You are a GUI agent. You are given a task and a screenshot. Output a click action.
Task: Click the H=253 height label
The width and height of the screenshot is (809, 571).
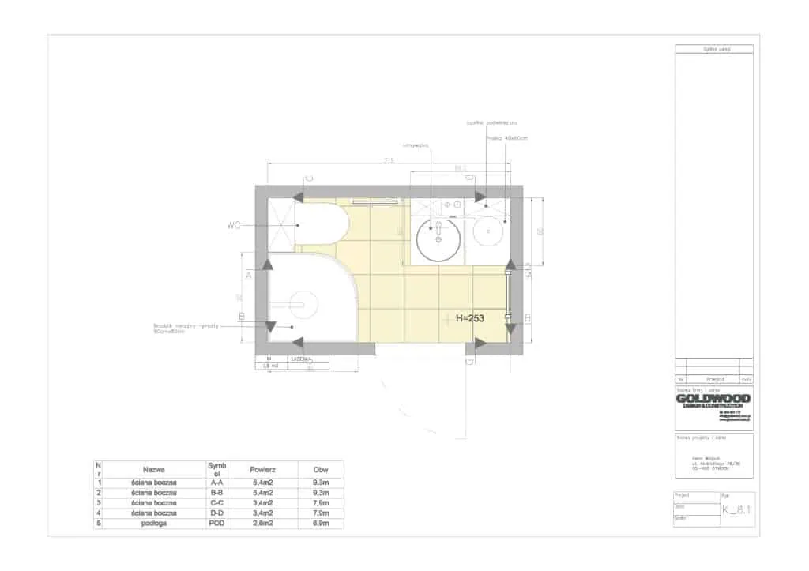point(465,318)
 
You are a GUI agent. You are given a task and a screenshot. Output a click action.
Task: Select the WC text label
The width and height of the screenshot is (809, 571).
point(234,225)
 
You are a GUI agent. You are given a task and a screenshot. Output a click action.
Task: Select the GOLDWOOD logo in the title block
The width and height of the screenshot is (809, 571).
point(713,399)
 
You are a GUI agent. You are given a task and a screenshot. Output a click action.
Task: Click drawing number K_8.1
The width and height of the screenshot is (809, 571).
point(736,510)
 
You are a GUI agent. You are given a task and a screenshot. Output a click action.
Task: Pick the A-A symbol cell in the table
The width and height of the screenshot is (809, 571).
point(216,482)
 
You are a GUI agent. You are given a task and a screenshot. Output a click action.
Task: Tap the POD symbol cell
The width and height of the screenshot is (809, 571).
point(216,524)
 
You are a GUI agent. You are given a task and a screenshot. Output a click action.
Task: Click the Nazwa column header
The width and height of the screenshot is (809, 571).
point(154,469)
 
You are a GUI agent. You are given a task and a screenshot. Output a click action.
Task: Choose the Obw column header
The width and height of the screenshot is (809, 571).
point(320,469)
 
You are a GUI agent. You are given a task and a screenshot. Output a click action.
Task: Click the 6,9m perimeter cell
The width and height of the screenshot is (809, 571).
point(320,524)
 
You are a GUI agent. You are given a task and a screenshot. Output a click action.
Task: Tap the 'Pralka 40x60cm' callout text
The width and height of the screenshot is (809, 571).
point(506,138)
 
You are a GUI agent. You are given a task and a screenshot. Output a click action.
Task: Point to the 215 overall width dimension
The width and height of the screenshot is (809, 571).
point(389,160)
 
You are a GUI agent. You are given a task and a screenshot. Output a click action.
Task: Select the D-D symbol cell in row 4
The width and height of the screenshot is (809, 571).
point(216,513)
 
